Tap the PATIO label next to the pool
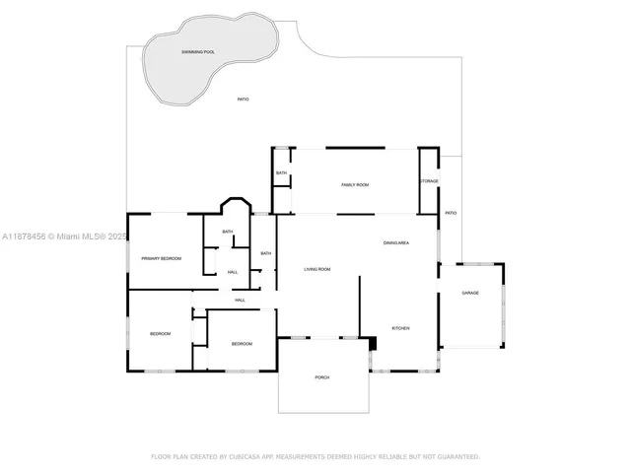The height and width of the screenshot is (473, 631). (x=243, y=100)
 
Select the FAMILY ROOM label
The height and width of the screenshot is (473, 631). (x=355, y=184)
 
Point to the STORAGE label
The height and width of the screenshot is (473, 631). (x=429, y=181)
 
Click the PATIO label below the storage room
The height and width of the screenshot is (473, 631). (x=451, y=213)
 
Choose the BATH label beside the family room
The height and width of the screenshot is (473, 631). (x=282, y=173)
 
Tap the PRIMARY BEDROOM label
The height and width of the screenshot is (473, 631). (x=162, y=258)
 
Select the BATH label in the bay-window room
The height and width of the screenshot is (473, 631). (x=228, y=232)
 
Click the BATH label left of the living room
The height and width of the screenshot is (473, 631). (x=265, y=254)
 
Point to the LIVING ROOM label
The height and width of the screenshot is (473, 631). (x=316, y=269)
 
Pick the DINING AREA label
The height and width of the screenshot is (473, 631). (x=396, y=242)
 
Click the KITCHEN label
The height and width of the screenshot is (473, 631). (x=400, y=328)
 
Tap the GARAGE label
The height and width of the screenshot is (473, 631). (x=470, y=293)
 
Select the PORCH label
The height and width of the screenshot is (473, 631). (x=322, y=377)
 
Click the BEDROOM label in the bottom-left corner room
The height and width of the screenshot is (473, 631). (x=161, y=334)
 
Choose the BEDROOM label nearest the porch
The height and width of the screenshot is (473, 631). (x=242, y=344)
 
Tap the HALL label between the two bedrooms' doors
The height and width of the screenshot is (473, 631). (x=240, y=301)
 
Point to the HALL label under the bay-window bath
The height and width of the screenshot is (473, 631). (x=233, y=272)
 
